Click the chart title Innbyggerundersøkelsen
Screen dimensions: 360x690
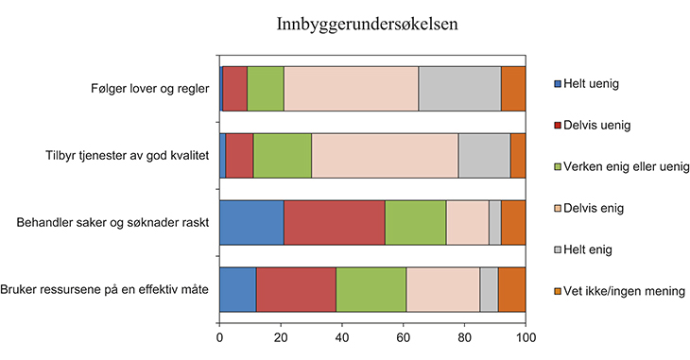click(368, 26)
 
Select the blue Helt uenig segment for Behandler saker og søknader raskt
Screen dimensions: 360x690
click(251, 222)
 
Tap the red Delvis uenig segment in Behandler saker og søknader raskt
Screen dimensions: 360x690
click(334, 222)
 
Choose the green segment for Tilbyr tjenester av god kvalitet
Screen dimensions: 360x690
click(283, 155)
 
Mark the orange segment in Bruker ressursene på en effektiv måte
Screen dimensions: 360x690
click(511, 289)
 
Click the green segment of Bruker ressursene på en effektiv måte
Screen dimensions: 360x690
click(371, 289)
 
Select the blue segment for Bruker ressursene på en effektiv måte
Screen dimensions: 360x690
click(237, 289)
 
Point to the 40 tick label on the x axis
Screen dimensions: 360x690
click(342, 336)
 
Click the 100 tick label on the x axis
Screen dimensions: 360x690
click(526, 336)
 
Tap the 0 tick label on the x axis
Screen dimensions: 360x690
click(220, 336)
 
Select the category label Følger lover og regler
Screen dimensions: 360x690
click(143, 89)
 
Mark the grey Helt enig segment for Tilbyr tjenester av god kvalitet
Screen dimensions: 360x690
click(484, 155)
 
